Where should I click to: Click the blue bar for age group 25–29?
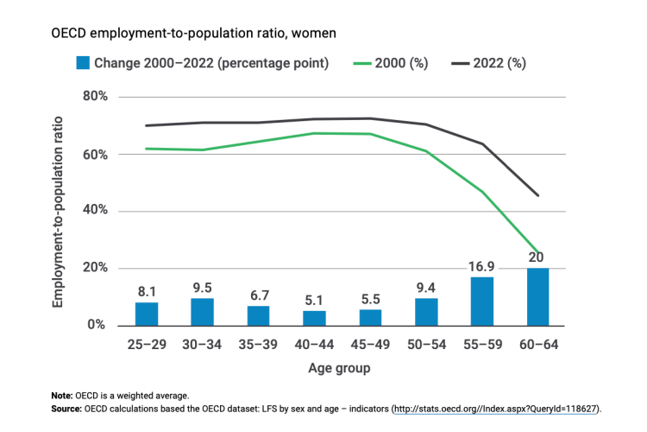(x=147, y=313)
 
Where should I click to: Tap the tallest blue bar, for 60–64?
(x=538, y=296)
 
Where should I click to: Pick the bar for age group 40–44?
(x=315, y=317)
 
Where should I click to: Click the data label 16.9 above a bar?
(x=482, y=266)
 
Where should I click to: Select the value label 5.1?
(x=315, y=300)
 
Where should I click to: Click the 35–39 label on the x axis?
(x=259, y=345)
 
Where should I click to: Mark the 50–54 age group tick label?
(x=426, y=345)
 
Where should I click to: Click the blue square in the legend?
(x=84, y=63)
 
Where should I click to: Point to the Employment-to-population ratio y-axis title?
(x=58, y=210)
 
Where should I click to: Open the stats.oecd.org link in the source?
(x=496, y=408)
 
